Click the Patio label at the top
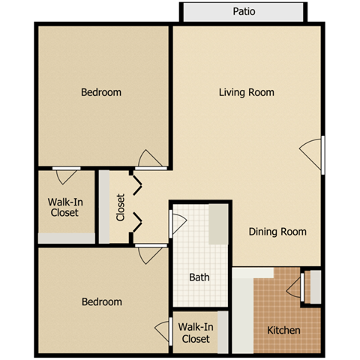pos(243,12)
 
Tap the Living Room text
pos(246,92)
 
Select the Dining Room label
pos(277,232)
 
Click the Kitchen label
pos(283,330)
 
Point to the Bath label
pos(199,277)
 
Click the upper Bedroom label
pos(101,92)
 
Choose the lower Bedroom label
pos(101,301)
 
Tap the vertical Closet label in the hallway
pos(121,208)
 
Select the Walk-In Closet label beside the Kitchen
pos(196,332)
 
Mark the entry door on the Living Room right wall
pos(313,154)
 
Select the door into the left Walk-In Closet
pos(66,175)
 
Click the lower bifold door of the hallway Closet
pos(136,222)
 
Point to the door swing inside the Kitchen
pos(294,286)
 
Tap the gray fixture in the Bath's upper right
pos(217,223)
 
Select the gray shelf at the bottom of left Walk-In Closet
pos(66,238)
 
